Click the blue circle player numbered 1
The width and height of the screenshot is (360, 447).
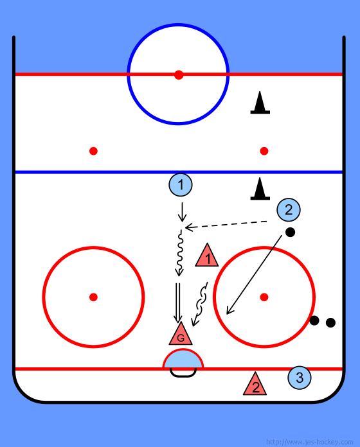180,185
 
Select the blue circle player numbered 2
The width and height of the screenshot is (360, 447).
289,210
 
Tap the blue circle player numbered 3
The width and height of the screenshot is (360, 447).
299,378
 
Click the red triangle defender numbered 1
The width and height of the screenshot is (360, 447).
207,256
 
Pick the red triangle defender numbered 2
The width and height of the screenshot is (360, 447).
255,385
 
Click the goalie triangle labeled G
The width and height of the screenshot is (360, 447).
181,335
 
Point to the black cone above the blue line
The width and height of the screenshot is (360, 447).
260,103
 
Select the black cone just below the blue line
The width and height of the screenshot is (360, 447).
260,189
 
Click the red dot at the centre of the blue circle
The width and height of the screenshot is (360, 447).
179,74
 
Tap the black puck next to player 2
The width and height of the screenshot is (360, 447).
290,232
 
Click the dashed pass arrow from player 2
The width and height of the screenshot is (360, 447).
226,224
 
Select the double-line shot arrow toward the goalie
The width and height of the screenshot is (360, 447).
177,302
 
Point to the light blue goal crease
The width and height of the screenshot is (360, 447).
183,359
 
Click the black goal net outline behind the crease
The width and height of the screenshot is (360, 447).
183,376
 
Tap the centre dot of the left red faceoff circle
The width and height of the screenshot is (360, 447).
93,297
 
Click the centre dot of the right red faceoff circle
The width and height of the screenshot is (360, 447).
264,297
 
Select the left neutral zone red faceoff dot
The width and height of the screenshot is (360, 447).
93,151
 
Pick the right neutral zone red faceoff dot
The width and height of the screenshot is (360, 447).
264,151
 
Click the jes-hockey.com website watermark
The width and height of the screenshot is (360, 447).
310,442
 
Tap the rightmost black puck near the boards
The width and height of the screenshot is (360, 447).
330,322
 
